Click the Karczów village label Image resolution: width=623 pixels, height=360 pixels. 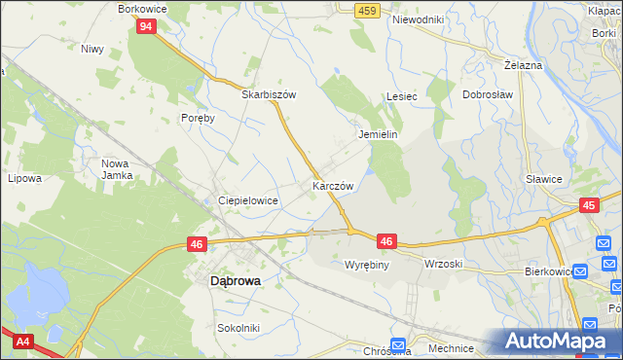click(332, 185)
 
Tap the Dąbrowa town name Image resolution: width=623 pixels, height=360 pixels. click(236, 280)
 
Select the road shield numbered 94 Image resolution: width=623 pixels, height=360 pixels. click(145, 27)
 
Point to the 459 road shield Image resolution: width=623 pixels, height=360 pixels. click(367, 10)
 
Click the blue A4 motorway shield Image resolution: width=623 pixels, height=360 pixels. click(20, 342)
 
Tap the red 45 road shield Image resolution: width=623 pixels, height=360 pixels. click(589, 205)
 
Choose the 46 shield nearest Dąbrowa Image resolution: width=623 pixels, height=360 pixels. click(197, 244)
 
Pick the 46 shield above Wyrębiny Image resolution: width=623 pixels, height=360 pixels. click(386, 240)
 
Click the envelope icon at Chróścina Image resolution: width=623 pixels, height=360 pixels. click(397, 344)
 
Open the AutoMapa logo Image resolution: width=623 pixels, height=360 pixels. click(560, 342)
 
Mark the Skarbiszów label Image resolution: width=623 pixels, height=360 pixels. click(269, 95)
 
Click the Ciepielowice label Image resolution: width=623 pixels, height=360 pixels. click(249, 200)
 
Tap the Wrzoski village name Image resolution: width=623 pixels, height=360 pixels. click(443, 264)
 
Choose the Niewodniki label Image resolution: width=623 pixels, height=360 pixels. click(418, 19)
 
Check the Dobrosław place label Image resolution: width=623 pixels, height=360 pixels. click(488, 95)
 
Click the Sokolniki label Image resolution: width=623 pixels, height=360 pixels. click(238, 328)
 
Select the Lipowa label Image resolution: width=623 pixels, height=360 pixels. click(24, 178)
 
